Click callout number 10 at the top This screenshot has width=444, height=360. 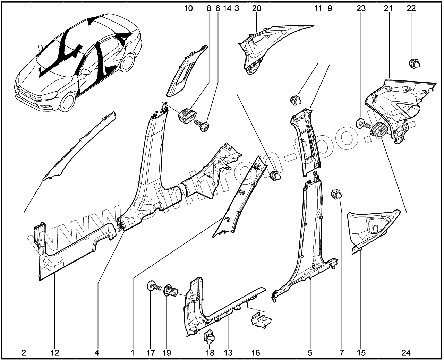[188, 8]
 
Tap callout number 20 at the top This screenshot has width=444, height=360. [256, 8]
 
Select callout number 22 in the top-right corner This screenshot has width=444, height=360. [411, 8]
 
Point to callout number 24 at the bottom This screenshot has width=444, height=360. [406, 353]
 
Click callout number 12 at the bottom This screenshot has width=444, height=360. [55, 353]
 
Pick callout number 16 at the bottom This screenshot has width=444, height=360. [255, 353]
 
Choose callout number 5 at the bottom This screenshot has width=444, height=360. [310, 353]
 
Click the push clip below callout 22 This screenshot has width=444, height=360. [415, 64]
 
